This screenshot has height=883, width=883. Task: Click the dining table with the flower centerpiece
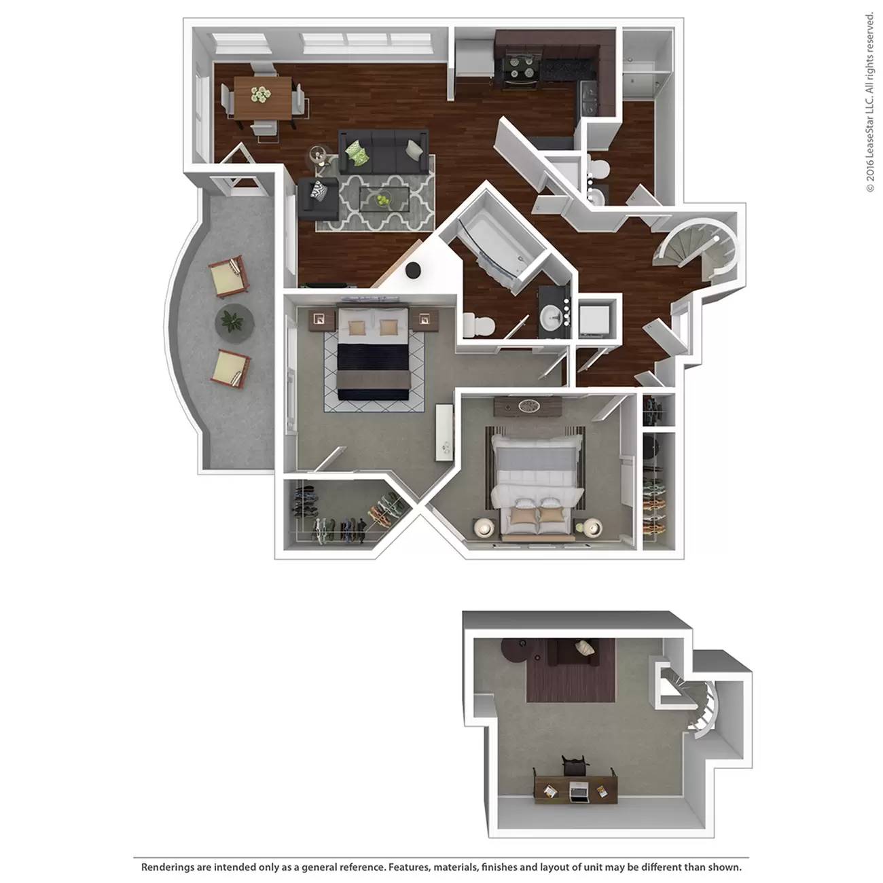tap(263, 98)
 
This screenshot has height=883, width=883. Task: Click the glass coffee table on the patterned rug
tap(384, 199)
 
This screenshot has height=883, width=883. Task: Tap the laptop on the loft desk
tap(578, 790)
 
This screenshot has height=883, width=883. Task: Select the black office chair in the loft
tap(574, 764)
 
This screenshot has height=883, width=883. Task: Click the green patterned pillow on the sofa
tap(357, 152)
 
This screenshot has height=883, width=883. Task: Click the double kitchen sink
tap(590, 98)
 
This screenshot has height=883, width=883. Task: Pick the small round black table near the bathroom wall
tap(413, 270)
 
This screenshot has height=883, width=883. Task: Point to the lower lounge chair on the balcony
tap(230, 368)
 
